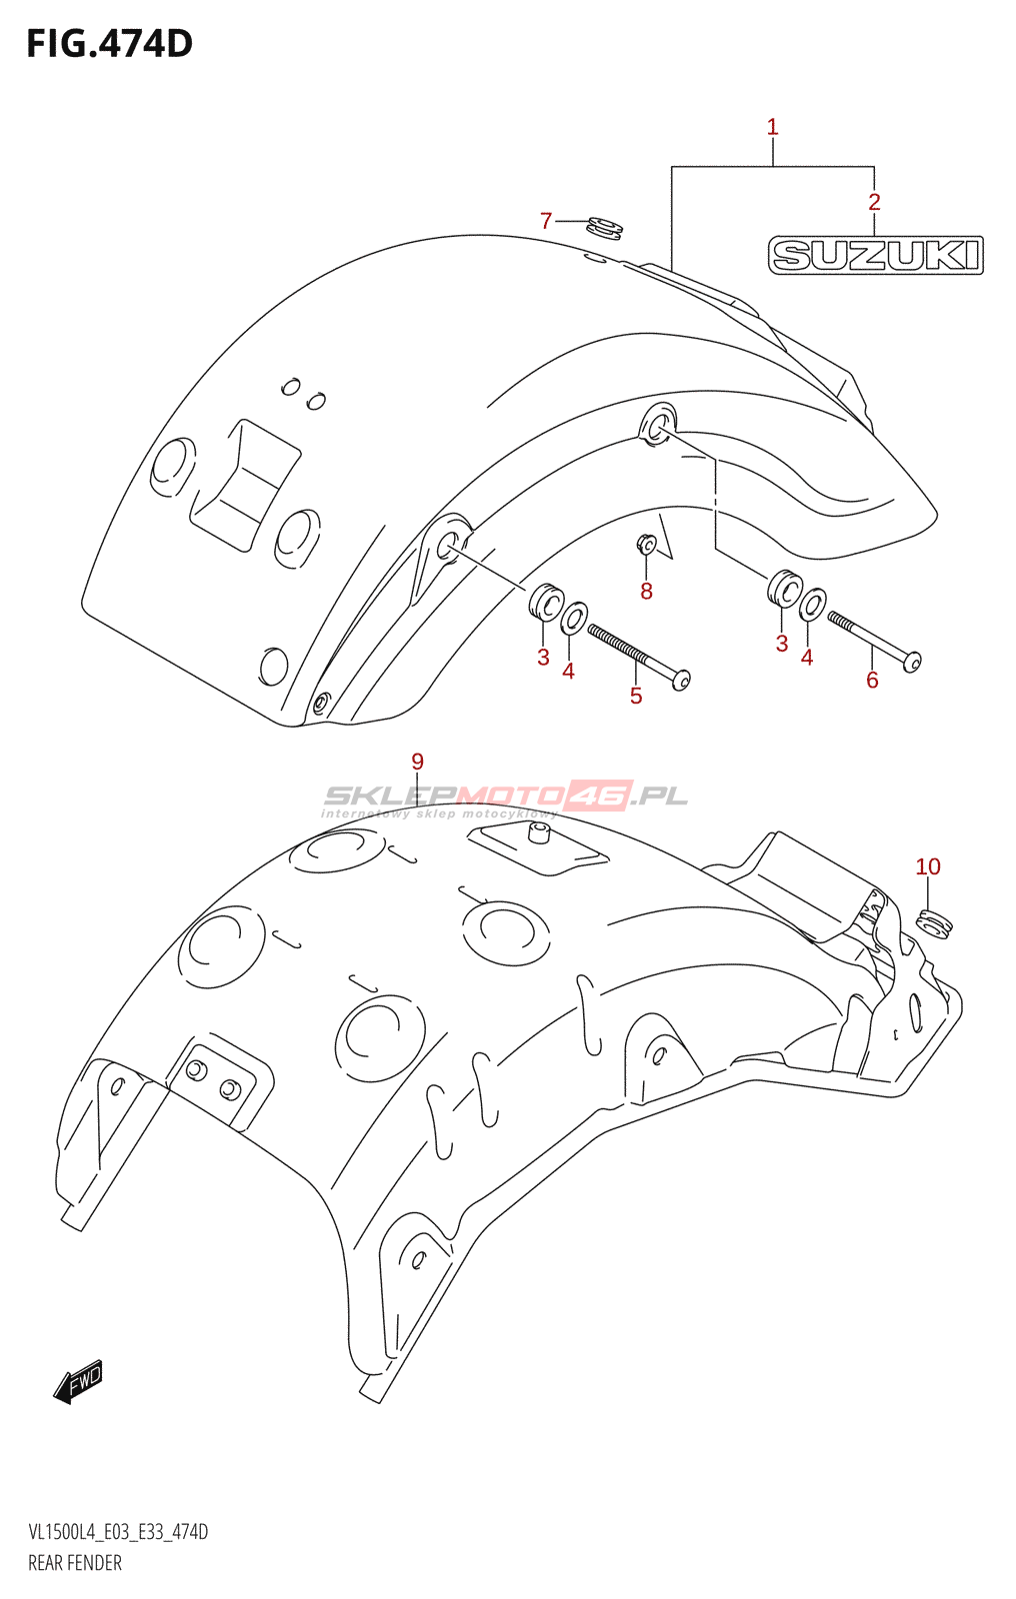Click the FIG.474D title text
(x=109, y=44)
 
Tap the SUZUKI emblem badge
(x=875, y=255)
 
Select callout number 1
(x=772, y=128)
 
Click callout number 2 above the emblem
(x=874, y=202)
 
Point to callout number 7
(x=546, y=221)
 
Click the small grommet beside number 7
(x=604, y=229)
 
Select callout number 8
(x=646, y=591)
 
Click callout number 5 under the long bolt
(x=636, y=696)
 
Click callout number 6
(x=872, y=680)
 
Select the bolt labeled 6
(x=875, y=642)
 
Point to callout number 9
(x=417, y=762)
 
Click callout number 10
(x=927, y=866)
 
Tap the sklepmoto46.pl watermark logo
(x=504, y=799)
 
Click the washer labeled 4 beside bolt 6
(x=812, y=605)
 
